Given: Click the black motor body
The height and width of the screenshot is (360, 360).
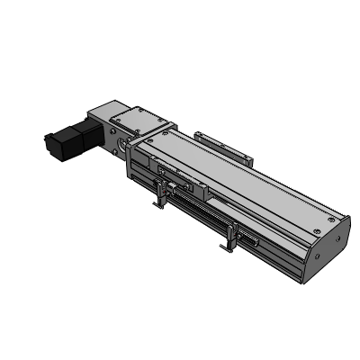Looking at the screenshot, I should pos(68,139).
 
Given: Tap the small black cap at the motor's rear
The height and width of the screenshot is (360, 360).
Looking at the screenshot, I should pos(48,141).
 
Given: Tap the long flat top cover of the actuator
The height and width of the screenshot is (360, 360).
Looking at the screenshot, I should pos(238,175).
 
